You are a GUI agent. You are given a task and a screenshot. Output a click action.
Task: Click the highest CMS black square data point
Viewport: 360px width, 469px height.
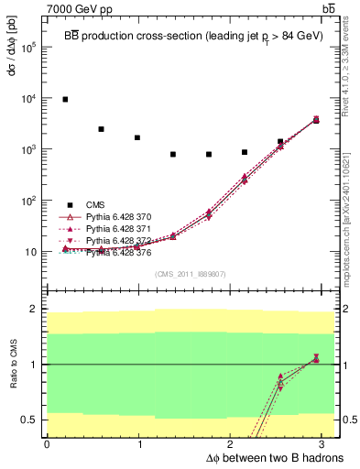click(65, 99)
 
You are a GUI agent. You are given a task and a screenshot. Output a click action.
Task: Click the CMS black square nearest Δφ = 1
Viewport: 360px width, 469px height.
click(137, 137)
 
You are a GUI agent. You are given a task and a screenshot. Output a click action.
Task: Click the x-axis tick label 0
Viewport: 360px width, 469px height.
click(47, 444)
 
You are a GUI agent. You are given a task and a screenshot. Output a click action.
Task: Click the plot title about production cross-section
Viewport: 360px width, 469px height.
click(191, 34)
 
